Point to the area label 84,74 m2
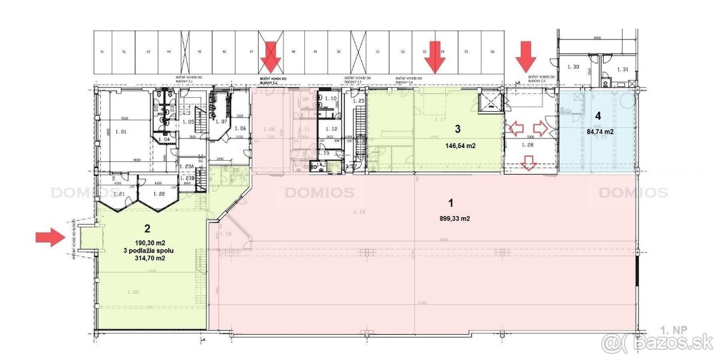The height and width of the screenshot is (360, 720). (x=597, y=131)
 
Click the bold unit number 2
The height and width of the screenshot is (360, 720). (x=147, y=227)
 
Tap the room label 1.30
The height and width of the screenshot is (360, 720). (x=573, y=67)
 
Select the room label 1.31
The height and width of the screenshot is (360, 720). (x=622, y=70)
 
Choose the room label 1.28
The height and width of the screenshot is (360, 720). (x=529, y=145)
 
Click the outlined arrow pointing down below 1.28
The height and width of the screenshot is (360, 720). (x=529, y=162)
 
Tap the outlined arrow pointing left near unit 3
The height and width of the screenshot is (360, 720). (x=515, y=128)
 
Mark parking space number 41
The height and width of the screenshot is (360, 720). (x=103, y=53)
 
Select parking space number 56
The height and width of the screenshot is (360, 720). (x=492, y=53)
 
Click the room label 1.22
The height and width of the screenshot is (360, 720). (x=159, y=194)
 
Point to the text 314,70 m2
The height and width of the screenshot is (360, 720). (x=147, y=258)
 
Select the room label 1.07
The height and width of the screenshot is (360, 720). (x=220, y=122)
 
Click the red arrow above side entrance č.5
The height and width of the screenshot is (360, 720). (x=527, y=56)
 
